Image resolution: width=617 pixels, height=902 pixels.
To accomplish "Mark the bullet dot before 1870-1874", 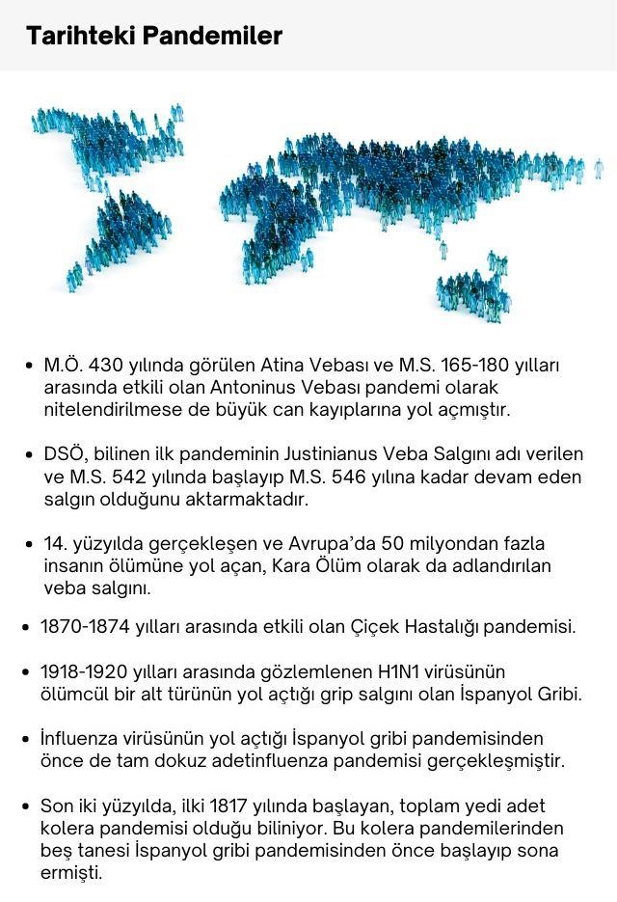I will (x=26, y=628).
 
